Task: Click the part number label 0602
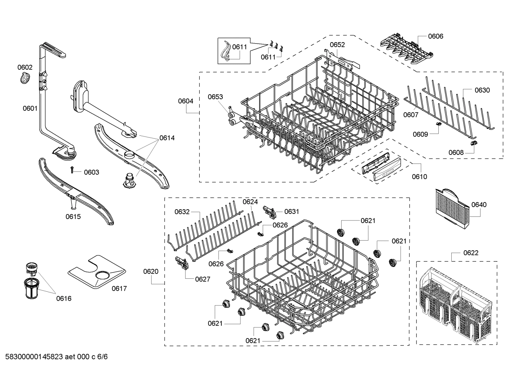click(25, 67)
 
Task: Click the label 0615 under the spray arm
click(73, 216)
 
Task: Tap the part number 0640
click(479, 205)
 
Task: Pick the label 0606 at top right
click(435, 36)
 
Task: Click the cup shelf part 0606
click(406, 51)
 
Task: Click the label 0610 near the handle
click(419, 176)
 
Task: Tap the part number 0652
click(337, 45)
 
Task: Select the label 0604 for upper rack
click(186, 101)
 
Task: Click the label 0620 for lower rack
click(151, 271)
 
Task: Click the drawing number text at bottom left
click(54, 357)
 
